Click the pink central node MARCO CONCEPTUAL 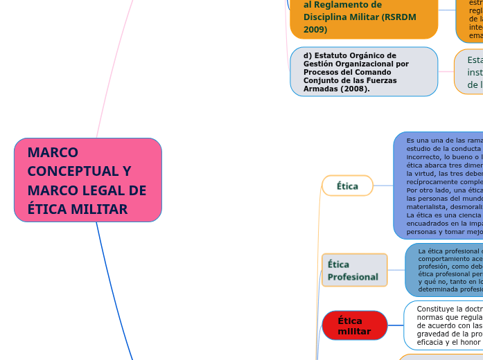[87, 180]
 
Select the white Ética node [347, 186]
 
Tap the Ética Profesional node [354, 270]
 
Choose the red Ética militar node [354, 325]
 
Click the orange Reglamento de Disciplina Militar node [363, 17]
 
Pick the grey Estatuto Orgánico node [363, 71]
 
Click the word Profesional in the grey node [353, 277]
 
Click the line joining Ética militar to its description [396, 325]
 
